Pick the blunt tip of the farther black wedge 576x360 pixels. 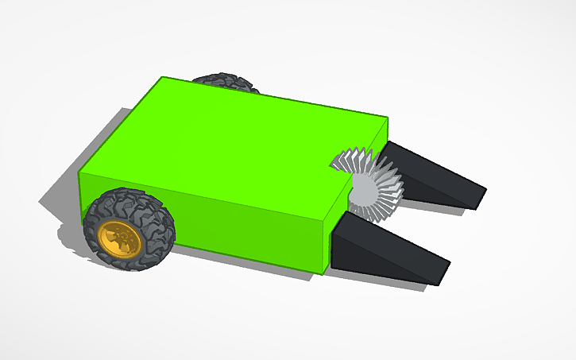click(481, 195)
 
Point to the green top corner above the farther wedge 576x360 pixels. click(385, 119)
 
